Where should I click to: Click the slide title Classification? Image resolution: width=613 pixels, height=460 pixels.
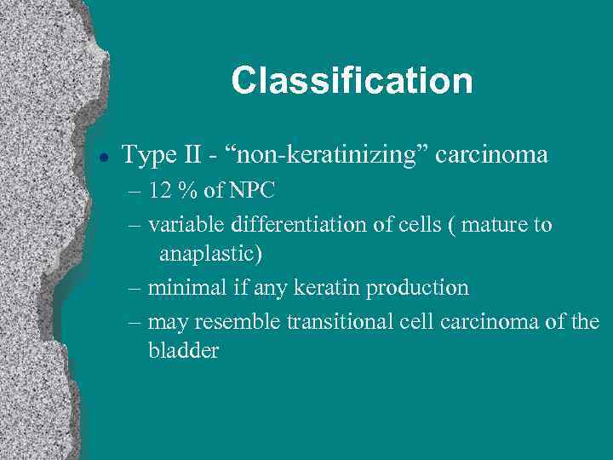point(352,82)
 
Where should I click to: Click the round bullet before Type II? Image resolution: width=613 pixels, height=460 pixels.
point(101,157)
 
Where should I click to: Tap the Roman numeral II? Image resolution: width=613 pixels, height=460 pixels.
point(192,155)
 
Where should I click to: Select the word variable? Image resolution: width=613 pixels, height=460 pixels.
point(182,225)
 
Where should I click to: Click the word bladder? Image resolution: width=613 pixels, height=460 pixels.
point(183,351)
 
